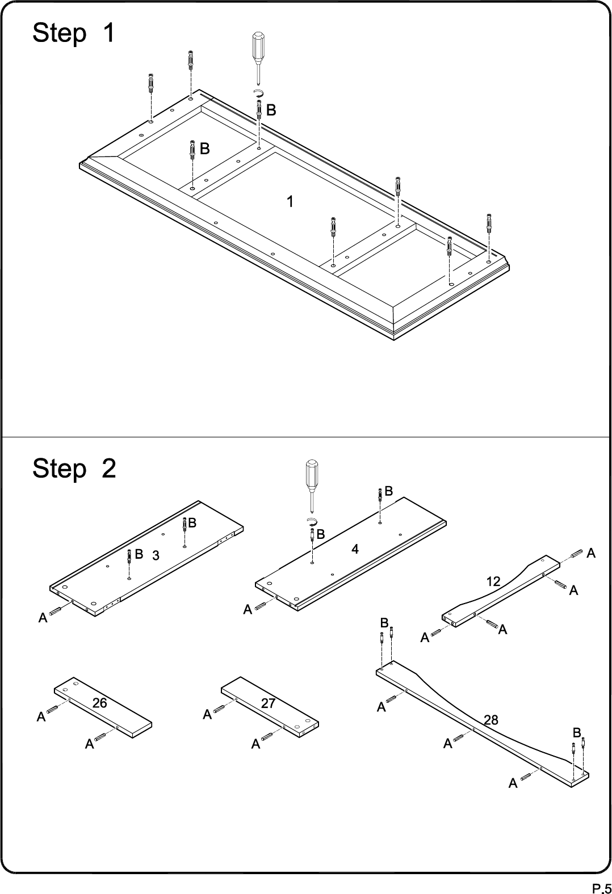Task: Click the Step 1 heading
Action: (x=73, y=33)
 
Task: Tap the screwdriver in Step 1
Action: (x=258, y=58)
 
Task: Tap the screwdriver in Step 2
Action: (x=312, y=486)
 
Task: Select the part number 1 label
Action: (x=291, y=201)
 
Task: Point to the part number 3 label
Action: (x=156, y=555)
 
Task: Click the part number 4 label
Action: (x=355, y=549)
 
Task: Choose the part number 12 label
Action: (x=493, y=581)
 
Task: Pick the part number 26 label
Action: (x=100, y=702)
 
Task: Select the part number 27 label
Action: (x=268, y=703)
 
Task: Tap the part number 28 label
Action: (x=491, y=720)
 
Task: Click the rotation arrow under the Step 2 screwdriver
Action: (x=312, y=521)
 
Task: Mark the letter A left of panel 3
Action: (x=43, y=618)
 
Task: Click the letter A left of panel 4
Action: (x=248, y=609)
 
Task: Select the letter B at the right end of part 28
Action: (x=576, y=733)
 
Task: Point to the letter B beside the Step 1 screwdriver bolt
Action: (x=271, y=110)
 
